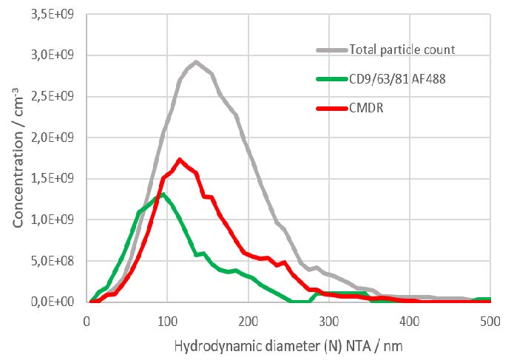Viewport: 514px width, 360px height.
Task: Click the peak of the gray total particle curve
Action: tap(195, 62)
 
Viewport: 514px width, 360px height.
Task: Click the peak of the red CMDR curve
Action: tap(180, 159)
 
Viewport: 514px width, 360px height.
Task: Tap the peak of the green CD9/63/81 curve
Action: tap(163, 194)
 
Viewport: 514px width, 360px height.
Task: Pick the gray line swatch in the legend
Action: tap(327, 50)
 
